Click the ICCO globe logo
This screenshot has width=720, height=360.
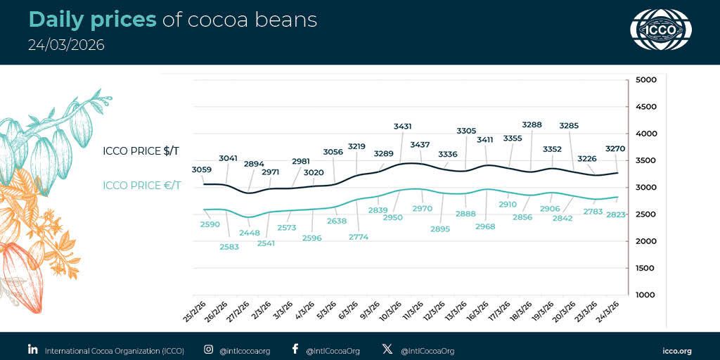coord(660,30)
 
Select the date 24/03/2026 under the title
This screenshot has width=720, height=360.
coord(66,45)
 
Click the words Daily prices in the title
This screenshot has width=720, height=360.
coord(92,20)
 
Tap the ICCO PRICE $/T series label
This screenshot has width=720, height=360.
coord(141,151)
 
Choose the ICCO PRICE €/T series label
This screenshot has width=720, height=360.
coord(141,186)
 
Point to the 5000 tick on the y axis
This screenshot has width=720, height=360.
coord(645,80)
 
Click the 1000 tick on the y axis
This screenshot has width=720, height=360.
coord(645,295)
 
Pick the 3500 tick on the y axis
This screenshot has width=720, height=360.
coord(645,161)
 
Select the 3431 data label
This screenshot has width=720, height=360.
coord(402,127)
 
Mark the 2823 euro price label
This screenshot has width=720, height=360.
coord(615,215)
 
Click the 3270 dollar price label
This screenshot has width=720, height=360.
coord(614,149)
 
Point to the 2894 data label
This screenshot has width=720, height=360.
coord(254,164)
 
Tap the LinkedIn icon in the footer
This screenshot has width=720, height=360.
coord(32,349)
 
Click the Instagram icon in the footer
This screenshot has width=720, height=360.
coord(209,349)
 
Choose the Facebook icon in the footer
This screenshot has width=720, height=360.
coord(295,349)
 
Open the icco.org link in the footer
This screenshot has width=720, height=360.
coord(677,350)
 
